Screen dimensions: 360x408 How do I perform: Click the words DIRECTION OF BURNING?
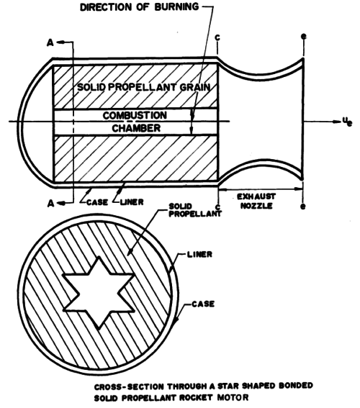pos(139,7)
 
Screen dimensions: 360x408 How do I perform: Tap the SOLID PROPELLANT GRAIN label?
pos(144,87)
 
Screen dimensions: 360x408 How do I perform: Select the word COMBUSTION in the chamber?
pos(135,115)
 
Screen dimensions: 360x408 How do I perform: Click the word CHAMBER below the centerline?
pos(136,128)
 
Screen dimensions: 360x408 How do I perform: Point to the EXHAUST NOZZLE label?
pos(256,201)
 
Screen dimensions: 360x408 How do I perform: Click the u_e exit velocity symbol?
pos(347,122)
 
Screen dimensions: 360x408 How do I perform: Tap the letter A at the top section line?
pos(50,42)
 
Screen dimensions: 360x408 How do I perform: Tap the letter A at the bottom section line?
pos(50,203)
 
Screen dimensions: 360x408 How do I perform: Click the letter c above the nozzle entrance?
pos(217,38)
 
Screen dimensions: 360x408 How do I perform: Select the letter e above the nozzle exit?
pos(304,37)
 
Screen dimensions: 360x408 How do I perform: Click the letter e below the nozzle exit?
pos(302,207)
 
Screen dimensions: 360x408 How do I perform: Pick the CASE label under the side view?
pos(96,202)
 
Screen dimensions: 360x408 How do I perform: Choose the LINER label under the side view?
pos(132,202)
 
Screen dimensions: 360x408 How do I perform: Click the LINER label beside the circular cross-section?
pos(199,254)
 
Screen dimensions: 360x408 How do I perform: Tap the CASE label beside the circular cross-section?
pos(203,304)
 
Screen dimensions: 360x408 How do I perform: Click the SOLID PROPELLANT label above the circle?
pos(195,210)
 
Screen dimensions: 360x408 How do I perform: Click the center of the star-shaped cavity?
pos(99,293)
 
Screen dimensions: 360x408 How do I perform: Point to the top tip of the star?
pos(99,257)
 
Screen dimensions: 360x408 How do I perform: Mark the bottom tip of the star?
pos(99,329)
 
